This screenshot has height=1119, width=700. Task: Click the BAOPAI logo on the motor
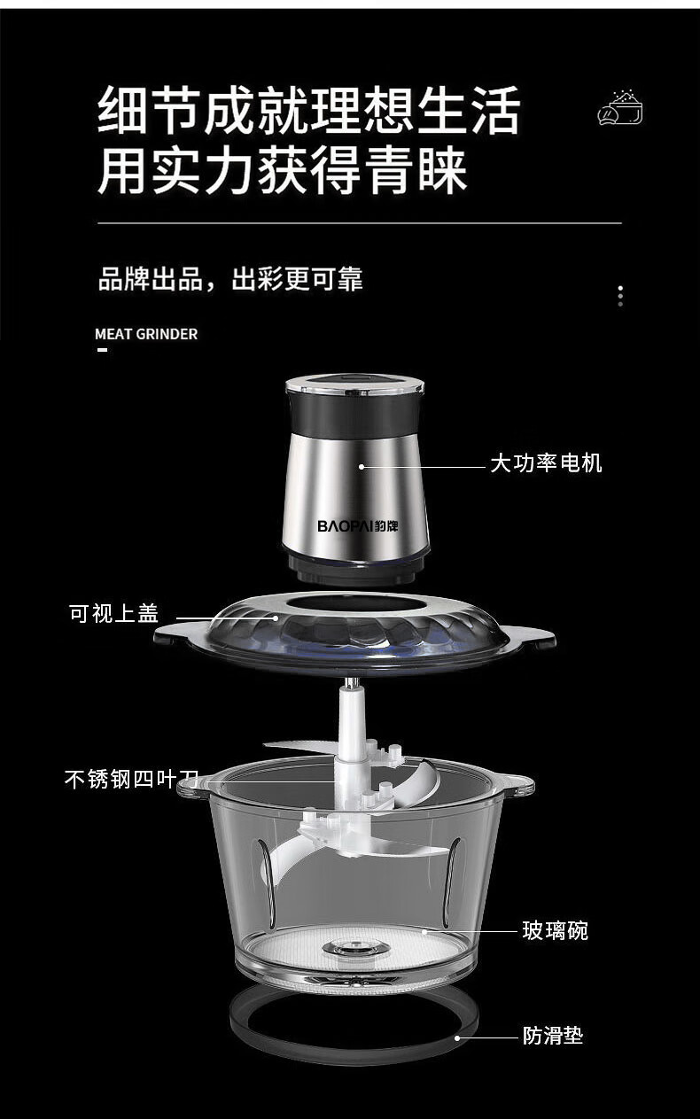point(358,526)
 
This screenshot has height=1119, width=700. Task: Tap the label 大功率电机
point(546,463)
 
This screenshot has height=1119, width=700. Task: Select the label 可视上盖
point(114,613)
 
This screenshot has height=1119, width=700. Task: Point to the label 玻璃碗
point(555,930)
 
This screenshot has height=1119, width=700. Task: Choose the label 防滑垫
point(553,1035)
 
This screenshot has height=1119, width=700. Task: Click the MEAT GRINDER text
point(146,334)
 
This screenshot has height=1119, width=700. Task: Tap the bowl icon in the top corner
point(620,107)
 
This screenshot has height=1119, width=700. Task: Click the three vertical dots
point(620,296)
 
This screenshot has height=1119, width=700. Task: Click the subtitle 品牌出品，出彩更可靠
point(230,279)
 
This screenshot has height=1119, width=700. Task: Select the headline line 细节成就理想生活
point(309,109)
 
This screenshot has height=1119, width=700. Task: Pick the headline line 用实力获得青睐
point(283,169)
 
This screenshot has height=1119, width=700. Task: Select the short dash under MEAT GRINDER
point(103,350)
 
